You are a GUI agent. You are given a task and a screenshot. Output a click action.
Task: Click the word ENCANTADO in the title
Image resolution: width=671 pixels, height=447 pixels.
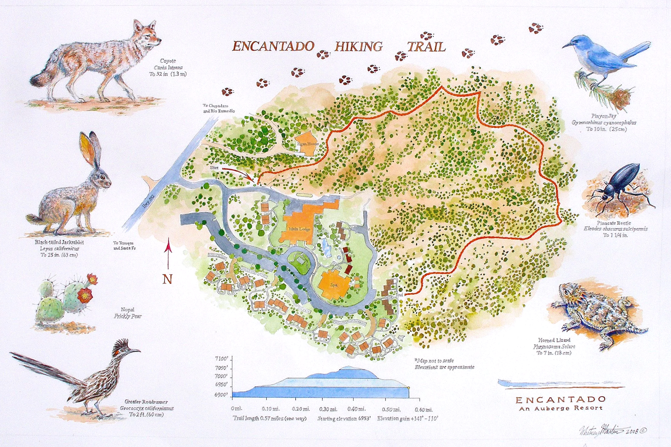273,46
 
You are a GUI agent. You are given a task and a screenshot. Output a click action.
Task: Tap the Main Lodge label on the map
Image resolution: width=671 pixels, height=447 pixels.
299,229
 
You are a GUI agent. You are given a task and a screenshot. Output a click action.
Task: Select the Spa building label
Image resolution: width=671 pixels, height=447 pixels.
334,285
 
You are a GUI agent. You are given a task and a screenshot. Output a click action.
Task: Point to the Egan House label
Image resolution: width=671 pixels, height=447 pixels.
307,144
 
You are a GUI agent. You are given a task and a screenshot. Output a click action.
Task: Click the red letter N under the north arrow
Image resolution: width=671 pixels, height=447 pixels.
167,279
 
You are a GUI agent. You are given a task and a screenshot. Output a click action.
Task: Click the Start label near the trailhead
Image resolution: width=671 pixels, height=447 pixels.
214,167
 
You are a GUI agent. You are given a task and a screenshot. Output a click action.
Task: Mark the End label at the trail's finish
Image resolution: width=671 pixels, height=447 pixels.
399,295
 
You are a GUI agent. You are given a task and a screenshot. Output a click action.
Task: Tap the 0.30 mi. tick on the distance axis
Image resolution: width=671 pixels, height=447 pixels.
328,409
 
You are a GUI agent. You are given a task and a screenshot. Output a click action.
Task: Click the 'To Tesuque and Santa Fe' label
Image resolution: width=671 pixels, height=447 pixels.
124,246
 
